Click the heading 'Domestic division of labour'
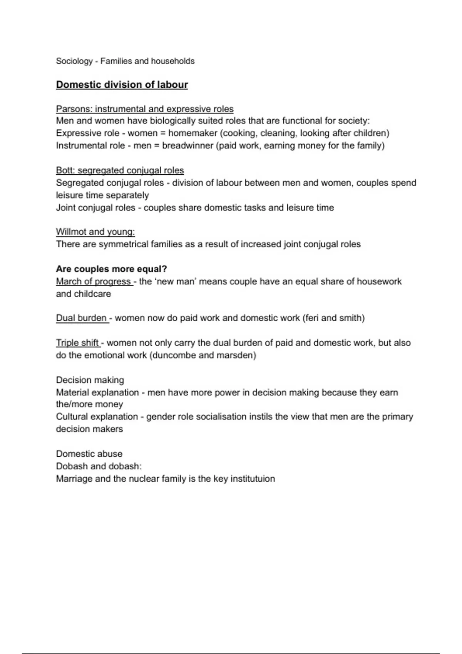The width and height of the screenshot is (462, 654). (x=122, y=85)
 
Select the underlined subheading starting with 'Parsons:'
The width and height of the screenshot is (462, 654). (x=145, y=109)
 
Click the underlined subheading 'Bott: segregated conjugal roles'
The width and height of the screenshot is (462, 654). (x=120, y=170)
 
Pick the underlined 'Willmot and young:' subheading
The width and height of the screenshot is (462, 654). (x=95, y=232)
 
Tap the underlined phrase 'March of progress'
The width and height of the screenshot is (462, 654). (x=94, y=281)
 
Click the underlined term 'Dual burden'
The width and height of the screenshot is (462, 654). (x=81, y=318)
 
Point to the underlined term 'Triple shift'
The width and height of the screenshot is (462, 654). (x=77, y=342)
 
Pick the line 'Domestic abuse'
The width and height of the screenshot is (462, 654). (x=89, y=454)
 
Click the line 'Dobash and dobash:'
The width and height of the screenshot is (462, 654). (x=99, y=466)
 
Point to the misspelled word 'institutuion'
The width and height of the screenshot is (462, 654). (x=253, y=479)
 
